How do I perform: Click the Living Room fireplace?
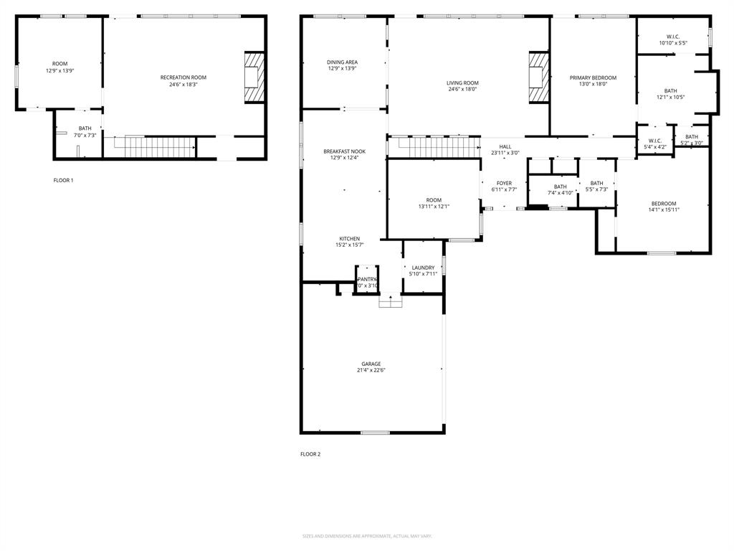point(538,78)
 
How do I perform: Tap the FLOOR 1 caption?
point(63,180)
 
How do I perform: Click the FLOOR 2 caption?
point(310,454)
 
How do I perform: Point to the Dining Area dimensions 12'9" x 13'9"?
point(343,68)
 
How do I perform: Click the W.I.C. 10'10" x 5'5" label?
point(673,39)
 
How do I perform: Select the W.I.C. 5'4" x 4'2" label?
point(655,143)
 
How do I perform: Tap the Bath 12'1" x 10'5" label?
point(670,94)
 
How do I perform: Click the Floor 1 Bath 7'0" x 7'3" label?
point(85,131)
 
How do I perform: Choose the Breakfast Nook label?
point(344,154)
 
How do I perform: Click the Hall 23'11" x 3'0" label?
point(505,149)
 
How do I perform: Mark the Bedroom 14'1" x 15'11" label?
point(664,207)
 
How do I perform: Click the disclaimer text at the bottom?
point(367,536)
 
